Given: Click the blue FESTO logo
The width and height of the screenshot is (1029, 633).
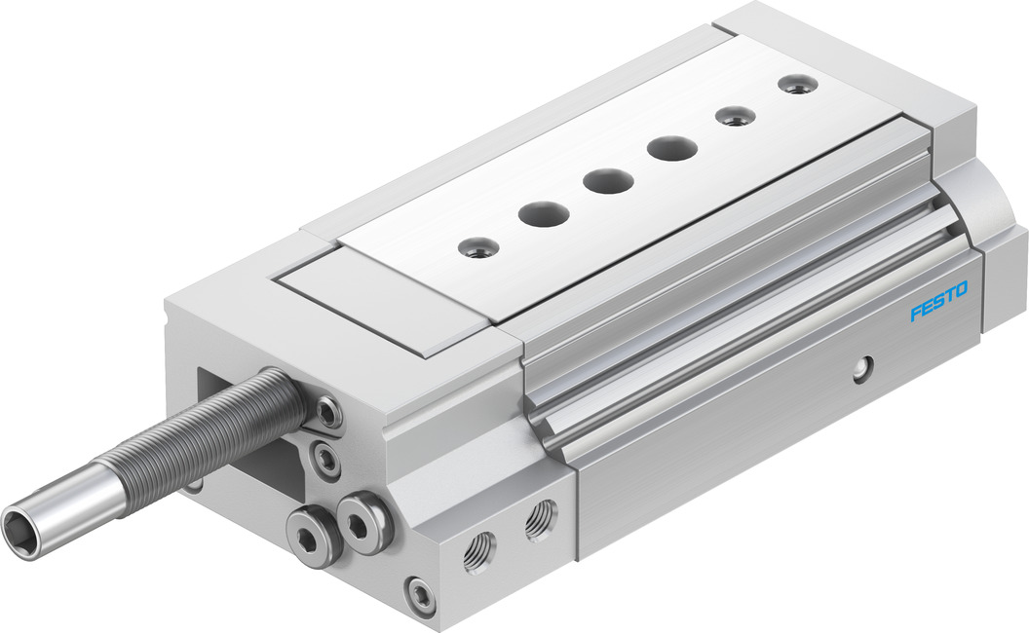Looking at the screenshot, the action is point(938,302).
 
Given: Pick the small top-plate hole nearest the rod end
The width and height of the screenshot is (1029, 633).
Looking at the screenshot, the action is point(477,248).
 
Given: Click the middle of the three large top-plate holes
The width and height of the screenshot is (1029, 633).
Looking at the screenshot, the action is point(608,180).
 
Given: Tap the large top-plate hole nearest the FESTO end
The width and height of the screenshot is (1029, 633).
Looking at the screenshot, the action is point(672,148).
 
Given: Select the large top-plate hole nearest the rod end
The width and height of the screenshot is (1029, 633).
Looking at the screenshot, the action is point(544,214).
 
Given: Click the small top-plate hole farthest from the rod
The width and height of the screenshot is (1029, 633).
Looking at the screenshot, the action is point(798,84).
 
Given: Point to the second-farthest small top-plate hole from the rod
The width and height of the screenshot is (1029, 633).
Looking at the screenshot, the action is point(735,116).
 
